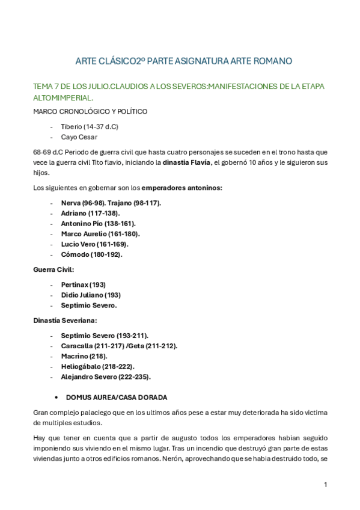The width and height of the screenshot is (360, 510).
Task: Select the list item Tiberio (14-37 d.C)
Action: click(x=90, y=126)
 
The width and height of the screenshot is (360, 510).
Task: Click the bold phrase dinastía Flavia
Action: click(x=187, y=162)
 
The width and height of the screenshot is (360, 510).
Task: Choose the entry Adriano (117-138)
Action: click(x=90, y=213)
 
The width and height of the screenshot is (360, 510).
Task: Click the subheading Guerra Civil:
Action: click(x=53, y=269)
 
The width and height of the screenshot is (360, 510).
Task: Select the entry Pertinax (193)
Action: click(x=83, y=284)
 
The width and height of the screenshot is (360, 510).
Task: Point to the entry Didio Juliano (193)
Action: click(x=91, y=295)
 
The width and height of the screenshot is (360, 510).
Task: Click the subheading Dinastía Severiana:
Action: click(x=65, y=321)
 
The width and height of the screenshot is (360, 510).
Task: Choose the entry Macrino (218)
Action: click(x=84, y=356)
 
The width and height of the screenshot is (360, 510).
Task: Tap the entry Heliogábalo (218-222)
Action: click(x=97, y=366)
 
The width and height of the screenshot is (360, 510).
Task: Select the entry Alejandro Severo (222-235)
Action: click(x=106, y=377)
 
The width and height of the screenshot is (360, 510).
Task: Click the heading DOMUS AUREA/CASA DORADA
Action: click(x=117, y=398)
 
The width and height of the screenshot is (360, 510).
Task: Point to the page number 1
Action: click(x=325, y=485)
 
